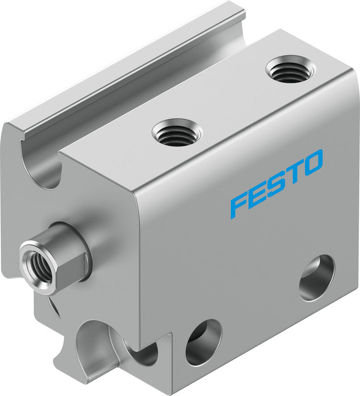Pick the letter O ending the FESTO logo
tap(313, 162)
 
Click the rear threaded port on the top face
tap(290, 70)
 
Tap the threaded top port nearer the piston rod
tap(177, 133)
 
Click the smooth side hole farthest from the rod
tap(316, 277)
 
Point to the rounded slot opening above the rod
tap(40, 166)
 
